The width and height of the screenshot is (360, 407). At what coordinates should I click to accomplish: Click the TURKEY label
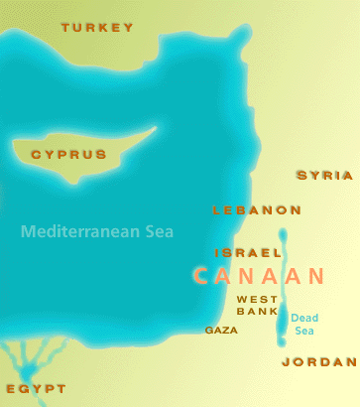point(96,28)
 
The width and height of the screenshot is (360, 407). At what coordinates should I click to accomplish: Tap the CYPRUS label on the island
point(68,155)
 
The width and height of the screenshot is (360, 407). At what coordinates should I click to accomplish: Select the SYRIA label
point(324,175)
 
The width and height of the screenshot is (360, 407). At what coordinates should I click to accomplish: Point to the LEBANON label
point(257,210)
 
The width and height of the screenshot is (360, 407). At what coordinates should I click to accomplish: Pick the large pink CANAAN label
point(259,276)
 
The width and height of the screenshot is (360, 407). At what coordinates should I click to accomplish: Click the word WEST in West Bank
point(257,299)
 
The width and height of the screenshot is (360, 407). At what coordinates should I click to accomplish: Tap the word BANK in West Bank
point(257,311)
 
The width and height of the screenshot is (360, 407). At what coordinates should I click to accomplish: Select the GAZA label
point(221,330)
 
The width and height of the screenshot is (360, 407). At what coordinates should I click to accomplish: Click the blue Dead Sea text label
point(304,324)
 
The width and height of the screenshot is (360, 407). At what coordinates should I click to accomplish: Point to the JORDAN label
point(317,361)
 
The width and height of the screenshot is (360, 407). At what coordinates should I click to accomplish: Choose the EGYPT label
point(35,388)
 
